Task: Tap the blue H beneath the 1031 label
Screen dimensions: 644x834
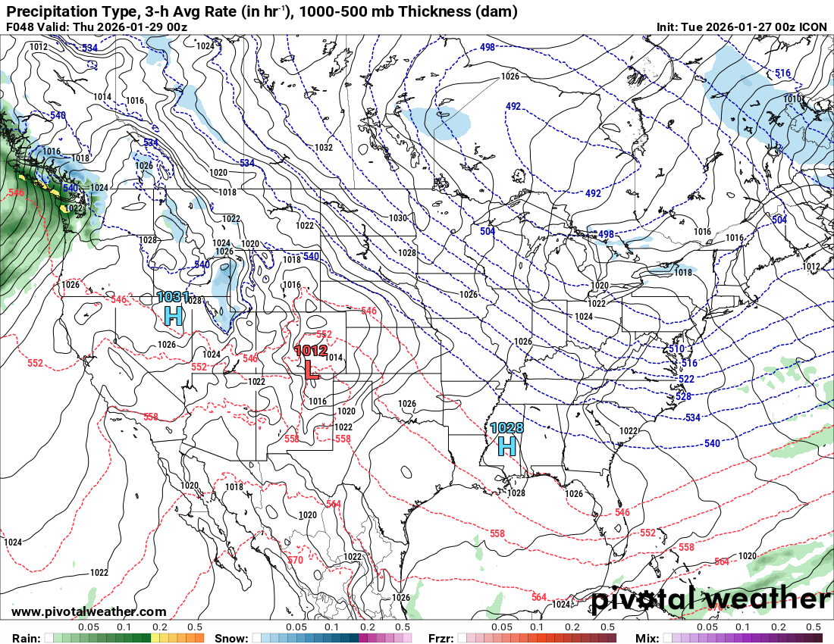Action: [x=174, y=315]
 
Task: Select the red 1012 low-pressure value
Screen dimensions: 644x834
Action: [x=310, y=351]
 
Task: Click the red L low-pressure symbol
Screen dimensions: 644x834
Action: [x=311, y=369]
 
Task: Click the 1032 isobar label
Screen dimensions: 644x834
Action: [x=324, y=148]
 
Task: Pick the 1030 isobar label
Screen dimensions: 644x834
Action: [x=398, y=218]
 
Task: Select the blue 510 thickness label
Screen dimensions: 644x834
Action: [x=677, y=349]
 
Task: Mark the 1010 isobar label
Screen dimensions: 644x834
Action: [x=792, y=99]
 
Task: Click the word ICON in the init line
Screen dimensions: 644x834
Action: [x=814, y=27]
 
